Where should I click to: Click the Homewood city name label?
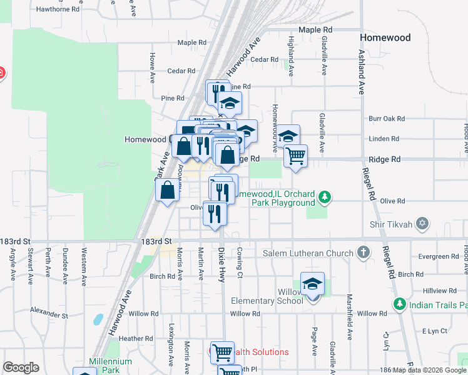point(385,37)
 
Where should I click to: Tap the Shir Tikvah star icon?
point(422,223)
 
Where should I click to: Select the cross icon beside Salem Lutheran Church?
point(363,252)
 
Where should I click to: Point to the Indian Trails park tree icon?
point(399,304)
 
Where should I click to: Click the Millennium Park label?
point(110,366)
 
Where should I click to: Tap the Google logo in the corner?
point(21,367)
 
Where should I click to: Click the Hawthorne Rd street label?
point(58,9)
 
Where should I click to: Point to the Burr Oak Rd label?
point(387,118)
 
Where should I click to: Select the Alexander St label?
point(48,310)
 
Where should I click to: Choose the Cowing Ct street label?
point(239,262)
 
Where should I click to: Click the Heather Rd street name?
point(131,339)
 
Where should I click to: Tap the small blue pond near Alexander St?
point(98,319)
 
